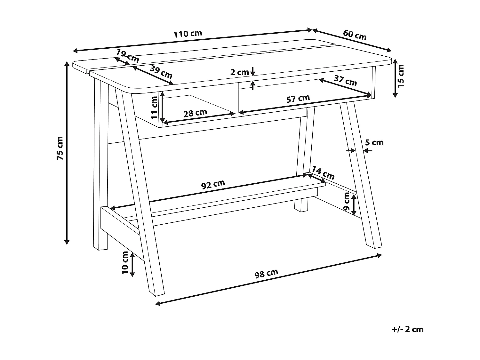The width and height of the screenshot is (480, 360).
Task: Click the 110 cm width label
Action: pyautogui.click(x=188, y=34)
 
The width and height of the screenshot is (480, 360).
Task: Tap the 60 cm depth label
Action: pyautogui.click(x=355, y=35)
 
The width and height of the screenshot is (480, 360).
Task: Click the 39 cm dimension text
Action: pyautogui.click(x=161, y=72)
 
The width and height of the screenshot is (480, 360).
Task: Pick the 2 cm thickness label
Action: pyautogui.click(x=239, y=72)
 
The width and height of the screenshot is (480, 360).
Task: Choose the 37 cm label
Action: pyautogui.click(x=345, y=81)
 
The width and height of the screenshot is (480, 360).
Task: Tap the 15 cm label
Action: pyautogui.click(x=401, y=76)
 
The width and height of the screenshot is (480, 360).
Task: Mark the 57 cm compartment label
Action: pyautogui.click(x=298, y=99)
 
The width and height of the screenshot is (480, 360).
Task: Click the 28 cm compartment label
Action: pyautogui.click(x=195, y=113)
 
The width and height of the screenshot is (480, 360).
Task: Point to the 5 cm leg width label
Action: pyautogui.click(x=374, y=142)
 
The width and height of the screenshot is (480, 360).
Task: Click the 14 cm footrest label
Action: pyautogui.click(x=323, y=173)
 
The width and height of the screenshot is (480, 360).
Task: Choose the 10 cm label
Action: pyautogui.click(x=125, y=263)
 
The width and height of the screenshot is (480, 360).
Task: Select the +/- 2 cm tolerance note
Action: pyautogui.click(x=407, y=329)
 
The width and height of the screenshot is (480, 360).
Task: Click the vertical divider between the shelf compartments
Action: pyautogui.click(x=237, y=98)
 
